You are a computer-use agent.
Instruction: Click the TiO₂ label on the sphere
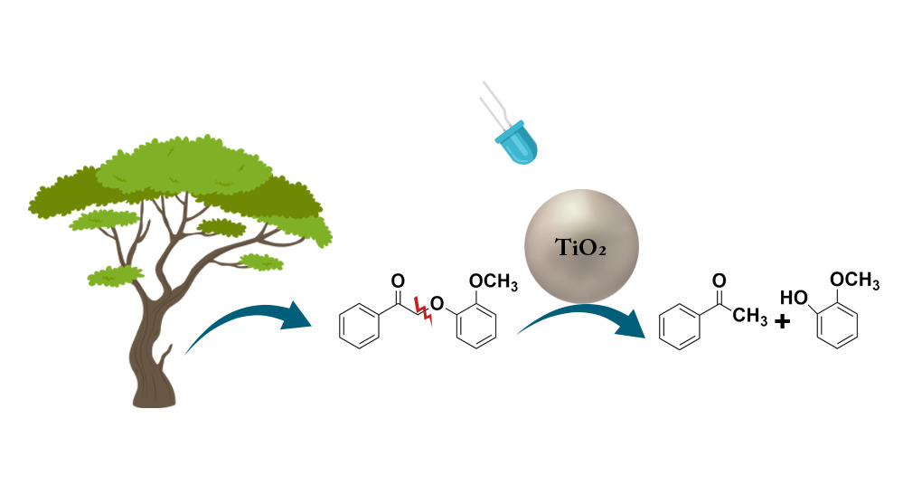[x=581, y=246]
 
